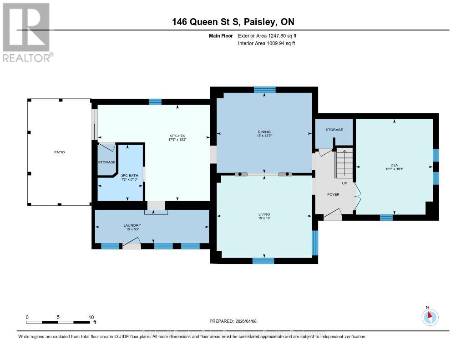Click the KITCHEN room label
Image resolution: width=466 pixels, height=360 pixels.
point(177,136)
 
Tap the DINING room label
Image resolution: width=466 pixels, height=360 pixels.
point(264,132)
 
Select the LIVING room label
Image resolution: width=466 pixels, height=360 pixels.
point(264,214)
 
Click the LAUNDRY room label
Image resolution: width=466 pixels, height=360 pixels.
point(132,226)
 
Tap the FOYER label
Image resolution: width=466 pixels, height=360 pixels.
point(334,194)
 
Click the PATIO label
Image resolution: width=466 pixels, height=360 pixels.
point(59,152)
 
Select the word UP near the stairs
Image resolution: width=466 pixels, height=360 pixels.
point(344,183)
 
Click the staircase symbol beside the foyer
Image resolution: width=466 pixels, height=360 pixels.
point(344,164)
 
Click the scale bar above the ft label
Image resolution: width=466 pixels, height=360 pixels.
point(58,322)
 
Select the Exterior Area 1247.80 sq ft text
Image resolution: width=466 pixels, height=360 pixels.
point(267,35)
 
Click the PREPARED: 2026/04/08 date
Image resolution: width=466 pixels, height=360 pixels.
point(233,321)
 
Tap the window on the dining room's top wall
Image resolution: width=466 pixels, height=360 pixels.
point(264,90)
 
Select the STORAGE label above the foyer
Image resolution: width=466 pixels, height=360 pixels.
point(334,130)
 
